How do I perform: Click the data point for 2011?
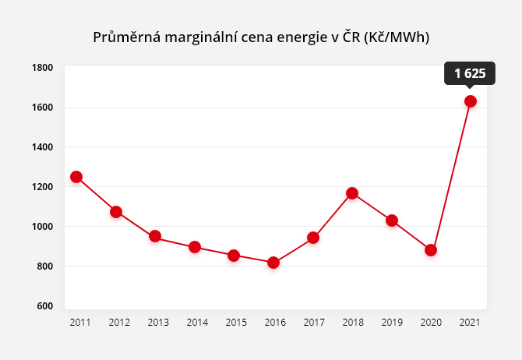[x=76, y=177]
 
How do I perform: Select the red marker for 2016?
[x=273, y=263]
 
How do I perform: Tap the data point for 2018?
[x=352, y=193]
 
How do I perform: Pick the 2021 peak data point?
[x=471, y=101]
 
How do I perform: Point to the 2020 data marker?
[x=431, y=250]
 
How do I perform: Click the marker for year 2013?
[x=155, y=236]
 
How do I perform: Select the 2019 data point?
[x=392, y=221]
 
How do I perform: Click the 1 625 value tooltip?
[x=470, y=74]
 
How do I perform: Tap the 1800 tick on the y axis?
[x=43, y=68]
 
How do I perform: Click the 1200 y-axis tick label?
[x=43, y=187]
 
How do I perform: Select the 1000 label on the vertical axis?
[x=43, y=227]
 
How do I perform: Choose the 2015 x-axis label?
[x=237, y=322]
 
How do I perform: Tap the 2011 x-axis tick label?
[x=79, y=322]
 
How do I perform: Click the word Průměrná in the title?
[x=126, y=37]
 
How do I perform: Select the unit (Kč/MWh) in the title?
[x=397, y=37]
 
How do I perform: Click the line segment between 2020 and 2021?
[x=450, y=176]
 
